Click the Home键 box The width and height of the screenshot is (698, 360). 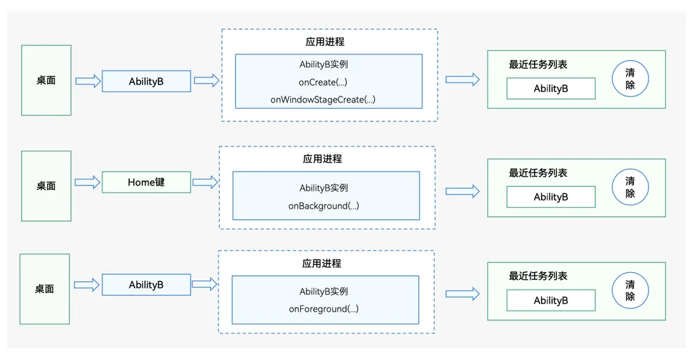[147, 182]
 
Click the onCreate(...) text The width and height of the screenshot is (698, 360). [322, 82]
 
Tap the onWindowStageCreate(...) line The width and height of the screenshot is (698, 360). [322, 100]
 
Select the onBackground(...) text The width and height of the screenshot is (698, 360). [324, 206]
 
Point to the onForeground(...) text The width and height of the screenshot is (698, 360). [324, 309]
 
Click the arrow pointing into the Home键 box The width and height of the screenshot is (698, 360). [88, 182]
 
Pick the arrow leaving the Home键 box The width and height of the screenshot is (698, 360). [205, 182]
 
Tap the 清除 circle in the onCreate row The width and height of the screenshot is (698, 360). [630, 79]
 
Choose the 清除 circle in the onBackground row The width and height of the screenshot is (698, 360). [630, 187]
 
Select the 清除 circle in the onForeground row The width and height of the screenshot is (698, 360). [630, 290]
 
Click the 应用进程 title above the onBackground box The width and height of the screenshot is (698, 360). [322, 159]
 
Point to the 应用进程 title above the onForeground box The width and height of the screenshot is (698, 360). [321, 264]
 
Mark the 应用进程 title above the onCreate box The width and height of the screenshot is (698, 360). [325, 42]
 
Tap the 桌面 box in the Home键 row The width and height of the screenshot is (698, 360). [46, 186]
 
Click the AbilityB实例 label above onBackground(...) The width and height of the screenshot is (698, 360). [324, 188]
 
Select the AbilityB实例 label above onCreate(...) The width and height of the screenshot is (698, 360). [324, 64]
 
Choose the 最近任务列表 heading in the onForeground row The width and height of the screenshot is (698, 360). [538, 276]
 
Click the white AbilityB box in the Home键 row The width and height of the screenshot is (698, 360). [551, 197]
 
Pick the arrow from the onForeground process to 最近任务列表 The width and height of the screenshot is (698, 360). [463, 294]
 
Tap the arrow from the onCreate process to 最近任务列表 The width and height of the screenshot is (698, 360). [463, 80]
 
